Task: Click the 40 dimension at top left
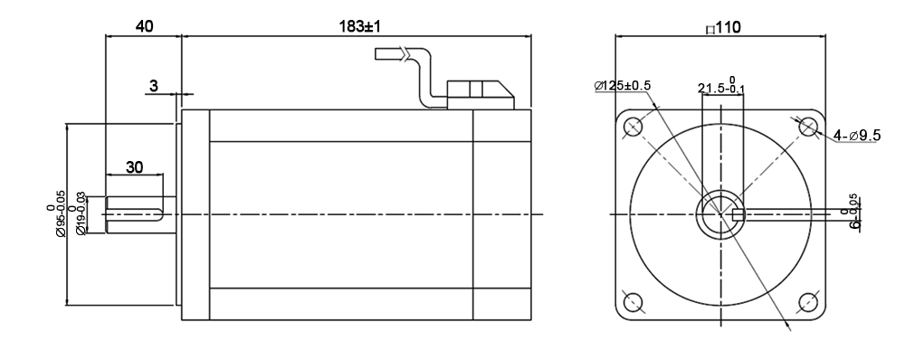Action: point(144,26)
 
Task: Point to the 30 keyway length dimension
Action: point(134,167)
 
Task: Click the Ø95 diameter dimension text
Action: point(61,213)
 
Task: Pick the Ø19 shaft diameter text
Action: point(81,213)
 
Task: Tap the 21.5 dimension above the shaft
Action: point(720,87)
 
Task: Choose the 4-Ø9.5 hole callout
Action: point(859,135)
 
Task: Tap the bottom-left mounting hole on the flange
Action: point(633,301)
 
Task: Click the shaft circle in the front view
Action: point(719,214)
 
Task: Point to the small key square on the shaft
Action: point(738,214)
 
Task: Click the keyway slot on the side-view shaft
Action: point(136,214)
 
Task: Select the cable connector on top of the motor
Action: point(481,91)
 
